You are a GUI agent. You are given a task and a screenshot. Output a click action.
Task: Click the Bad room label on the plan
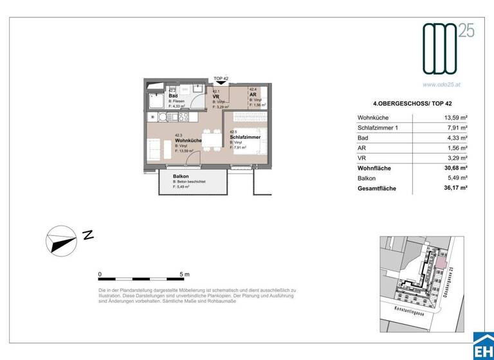[173, 96]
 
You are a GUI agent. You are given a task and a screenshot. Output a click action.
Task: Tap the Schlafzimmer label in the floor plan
[244, 136]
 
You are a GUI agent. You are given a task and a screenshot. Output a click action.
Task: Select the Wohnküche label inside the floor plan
[188, 140]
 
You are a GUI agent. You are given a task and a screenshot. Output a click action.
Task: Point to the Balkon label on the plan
[181, 176]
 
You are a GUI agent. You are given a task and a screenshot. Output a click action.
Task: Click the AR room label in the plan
[253, 94]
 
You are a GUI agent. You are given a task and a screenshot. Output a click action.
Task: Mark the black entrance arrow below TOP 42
[221, 82]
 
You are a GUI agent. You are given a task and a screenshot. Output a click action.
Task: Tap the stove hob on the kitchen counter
[156, 118]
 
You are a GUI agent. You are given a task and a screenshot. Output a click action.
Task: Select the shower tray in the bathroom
[156, 101]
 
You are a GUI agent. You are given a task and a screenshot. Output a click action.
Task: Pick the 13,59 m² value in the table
[454, 118]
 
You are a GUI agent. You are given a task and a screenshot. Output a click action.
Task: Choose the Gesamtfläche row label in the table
[377, 188]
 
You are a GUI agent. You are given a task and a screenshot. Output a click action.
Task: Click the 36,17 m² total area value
[454, 188]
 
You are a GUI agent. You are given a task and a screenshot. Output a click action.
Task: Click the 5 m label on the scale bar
[185, 274]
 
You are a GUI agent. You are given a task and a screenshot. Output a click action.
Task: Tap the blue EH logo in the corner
[483, 347]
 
